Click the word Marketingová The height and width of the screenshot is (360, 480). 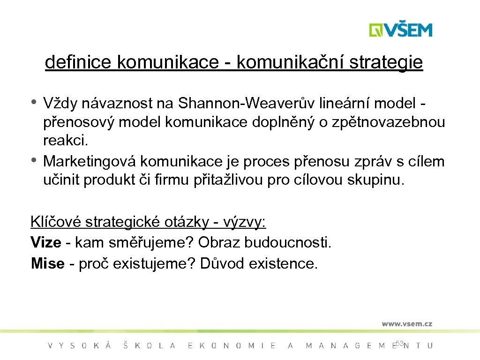point(90,161)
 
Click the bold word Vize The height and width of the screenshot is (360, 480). point(45,242)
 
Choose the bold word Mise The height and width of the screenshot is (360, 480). point(47,263)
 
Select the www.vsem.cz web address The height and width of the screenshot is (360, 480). point(406,323)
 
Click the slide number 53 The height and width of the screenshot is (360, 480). point(399,344)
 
